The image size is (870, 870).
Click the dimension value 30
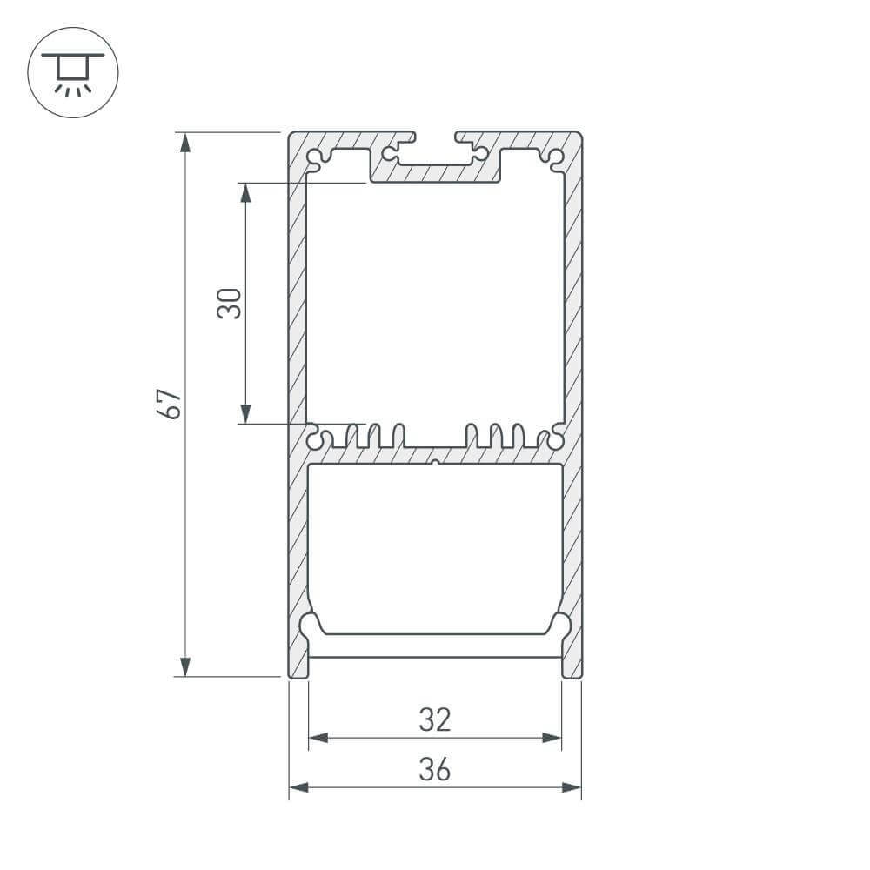pos(230,304)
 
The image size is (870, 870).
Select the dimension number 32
pos(435,719)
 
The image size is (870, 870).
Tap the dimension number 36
pos(435,769)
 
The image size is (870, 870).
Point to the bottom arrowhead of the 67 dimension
pos(184,666)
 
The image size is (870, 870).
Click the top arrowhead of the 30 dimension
pos(245,193)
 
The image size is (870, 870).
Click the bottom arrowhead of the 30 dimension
pos(245,413)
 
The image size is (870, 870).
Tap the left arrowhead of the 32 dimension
pos(318,738)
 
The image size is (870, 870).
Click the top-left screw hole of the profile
pos(315,157)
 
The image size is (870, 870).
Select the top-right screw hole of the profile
pos(554,157)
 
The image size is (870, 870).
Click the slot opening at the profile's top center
pos(435,139)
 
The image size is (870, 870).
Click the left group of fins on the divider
pos(374,435)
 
